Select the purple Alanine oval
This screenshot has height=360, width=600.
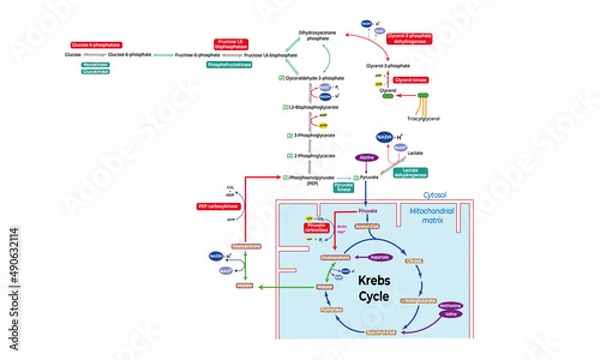[x=365, y=157]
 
